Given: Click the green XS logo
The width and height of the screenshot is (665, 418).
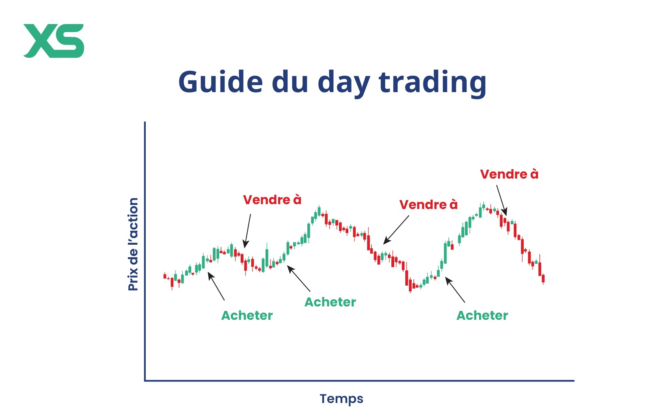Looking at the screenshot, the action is coord(54,41).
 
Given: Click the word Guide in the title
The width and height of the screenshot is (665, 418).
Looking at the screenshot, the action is coord(220,82).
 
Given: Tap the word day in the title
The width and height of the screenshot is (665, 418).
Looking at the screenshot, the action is coord(344,84).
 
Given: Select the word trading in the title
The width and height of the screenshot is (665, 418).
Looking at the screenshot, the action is coord(432,84).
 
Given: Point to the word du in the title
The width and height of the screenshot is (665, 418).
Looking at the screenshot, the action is coord(290,82).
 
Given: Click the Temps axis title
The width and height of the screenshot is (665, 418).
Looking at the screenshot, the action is coord(341,399).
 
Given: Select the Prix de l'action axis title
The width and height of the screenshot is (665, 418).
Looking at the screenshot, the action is coord(133,244).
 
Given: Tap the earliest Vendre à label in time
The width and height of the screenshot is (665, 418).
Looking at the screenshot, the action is coord(272,200).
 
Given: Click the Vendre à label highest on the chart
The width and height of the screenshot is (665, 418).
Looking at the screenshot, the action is coord(509,174).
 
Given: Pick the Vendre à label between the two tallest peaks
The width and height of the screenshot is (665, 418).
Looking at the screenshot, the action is coord(428,205).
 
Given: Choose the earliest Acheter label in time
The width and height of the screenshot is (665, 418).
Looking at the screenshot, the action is coord(247,315).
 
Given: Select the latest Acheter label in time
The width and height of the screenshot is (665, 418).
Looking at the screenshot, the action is coord(482,315).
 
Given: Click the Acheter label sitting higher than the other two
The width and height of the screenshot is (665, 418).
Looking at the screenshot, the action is coord(330,302).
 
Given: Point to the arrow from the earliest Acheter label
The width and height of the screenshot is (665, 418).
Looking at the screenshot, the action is coord(216,286).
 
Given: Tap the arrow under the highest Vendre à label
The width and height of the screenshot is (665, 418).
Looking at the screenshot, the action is coord(502,200).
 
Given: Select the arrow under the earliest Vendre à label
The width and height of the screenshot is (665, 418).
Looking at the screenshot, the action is coord(247,231).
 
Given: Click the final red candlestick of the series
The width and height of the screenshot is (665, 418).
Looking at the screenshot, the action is coord(543,278).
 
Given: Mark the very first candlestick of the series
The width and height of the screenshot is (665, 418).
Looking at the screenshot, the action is coord(165,276).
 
